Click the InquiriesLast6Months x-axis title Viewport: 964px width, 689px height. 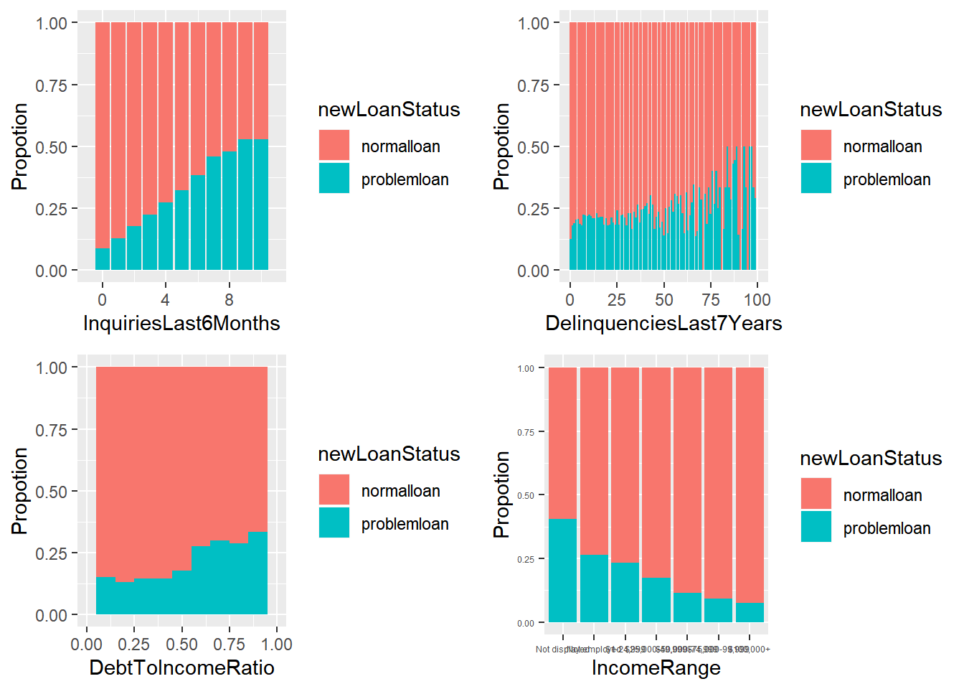point(181,323)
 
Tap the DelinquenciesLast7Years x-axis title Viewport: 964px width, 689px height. point(663,323)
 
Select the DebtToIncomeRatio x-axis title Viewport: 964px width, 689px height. point(181,667)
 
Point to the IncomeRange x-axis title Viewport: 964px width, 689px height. point(656,667)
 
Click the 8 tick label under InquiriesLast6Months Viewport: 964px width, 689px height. point(229,300)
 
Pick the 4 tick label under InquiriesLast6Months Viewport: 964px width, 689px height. point(165,300)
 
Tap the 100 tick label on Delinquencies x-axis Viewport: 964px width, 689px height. point(757,300)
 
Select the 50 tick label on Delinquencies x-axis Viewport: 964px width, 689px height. point(664,300)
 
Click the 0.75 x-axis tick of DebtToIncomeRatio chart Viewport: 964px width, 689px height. point(230,645)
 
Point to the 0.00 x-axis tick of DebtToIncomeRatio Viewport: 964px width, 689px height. point(87,645)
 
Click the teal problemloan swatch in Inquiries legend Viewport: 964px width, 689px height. point(334,178)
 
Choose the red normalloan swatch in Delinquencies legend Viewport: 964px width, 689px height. point(816,145)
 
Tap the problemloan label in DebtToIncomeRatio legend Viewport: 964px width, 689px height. point(405,524)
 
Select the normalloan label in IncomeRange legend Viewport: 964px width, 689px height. point(882,495)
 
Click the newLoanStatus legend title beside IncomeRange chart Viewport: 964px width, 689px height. point(871,458)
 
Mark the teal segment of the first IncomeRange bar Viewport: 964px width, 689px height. point(562,571)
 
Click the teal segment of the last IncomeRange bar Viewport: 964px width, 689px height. point(750,612)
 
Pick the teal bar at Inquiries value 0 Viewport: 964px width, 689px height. point(103,259)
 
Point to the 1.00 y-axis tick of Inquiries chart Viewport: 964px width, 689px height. point(52,23)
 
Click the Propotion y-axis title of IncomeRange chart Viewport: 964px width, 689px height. point(501,495)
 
